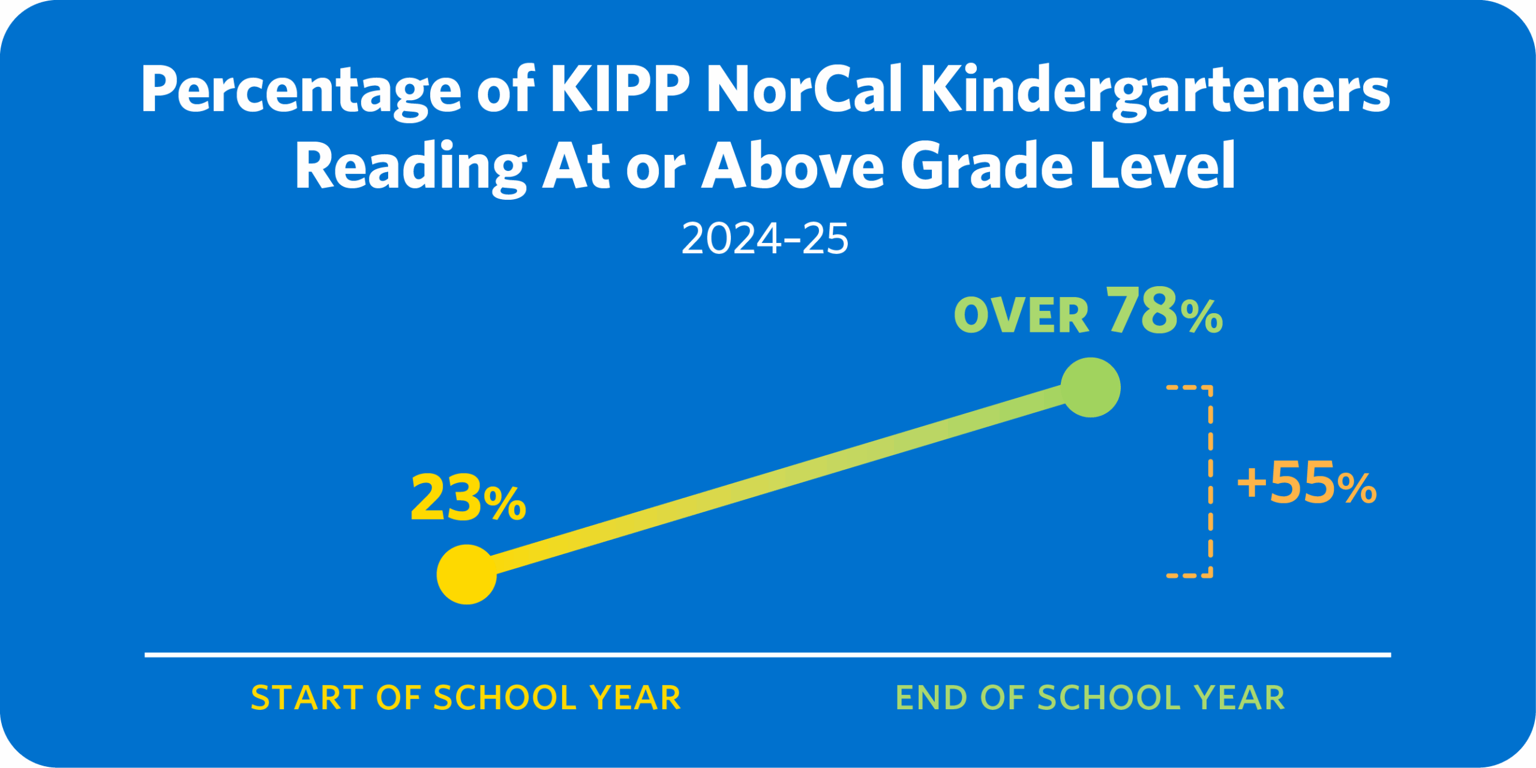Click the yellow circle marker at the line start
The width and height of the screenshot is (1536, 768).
(467, 574)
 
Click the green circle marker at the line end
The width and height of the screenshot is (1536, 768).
(1090, 387)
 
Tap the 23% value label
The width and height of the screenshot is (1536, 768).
(468, 498)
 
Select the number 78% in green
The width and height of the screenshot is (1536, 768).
(1164, 312)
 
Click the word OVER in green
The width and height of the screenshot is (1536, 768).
(1021, 316)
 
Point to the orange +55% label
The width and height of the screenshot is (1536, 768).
(1307, 484)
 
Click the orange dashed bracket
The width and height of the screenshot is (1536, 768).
(1210, 480)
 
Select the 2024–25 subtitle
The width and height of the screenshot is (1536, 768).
(765, 239)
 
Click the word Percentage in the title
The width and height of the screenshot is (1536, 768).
(300, 90)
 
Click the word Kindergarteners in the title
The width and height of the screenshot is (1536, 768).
(1155, 90)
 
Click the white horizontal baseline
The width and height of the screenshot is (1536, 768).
(768, 655)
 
